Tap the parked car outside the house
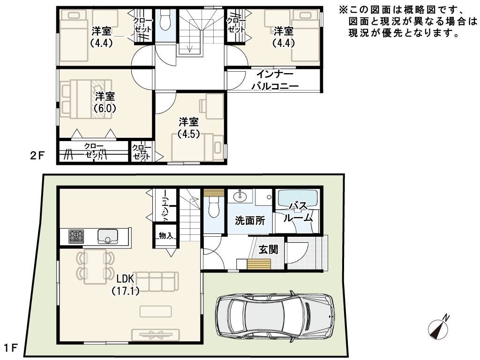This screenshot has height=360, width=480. (275, 316)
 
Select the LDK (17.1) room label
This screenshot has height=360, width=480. (126, 285)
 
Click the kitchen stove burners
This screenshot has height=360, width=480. (76, 236)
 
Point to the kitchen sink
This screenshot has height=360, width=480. (107, 236)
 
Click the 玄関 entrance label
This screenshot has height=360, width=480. (269, 250)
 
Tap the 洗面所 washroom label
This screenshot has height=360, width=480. (250, 220)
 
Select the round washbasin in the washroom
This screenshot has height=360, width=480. (240, 196)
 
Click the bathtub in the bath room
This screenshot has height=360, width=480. (297, 199)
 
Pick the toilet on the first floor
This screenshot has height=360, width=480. (213, 207)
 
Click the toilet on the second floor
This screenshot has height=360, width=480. (165, 19)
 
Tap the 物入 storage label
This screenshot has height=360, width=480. (166, 235)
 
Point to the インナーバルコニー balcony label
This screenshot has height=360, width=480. (275, 80)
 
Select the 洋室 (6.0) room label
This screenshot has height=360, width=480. (105, 102)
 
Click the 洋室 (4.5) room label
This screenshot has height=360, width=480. (188, 128)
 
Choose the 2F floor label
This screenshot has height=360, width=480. (37, 156)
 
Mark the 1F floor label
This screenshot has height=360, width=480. (11, 348)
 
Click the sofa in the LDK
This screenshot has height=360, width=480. (156, 281)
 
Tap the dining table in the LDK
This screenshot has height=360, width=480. (95, 265)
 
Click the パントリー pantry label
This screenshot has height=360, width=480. (165, 206)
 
